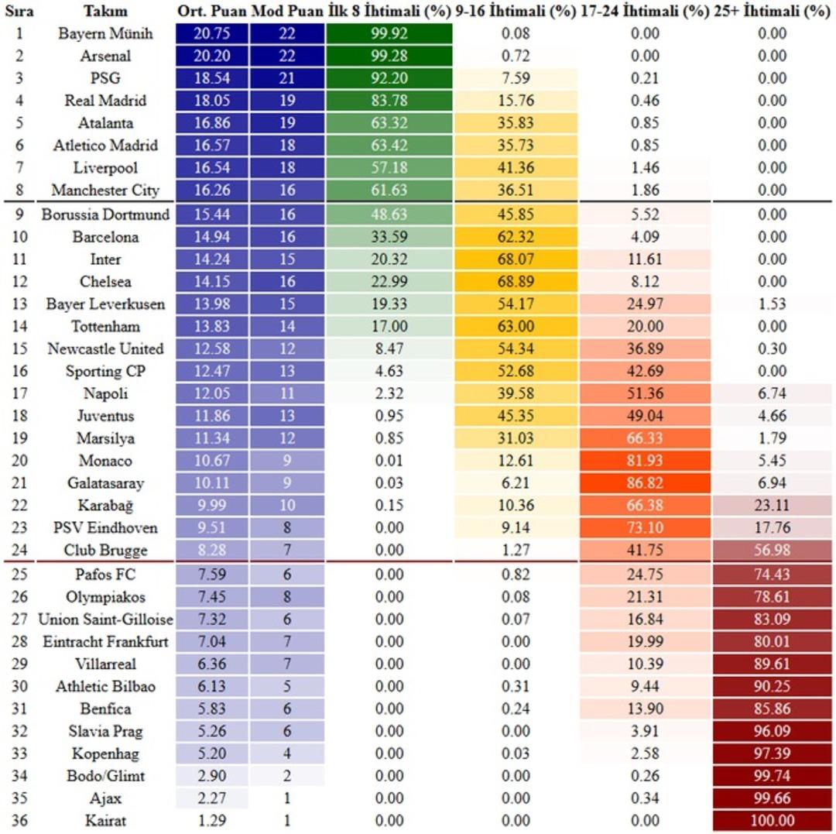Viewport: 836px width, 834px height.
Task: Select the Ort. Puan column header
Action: click(x=211, y=12)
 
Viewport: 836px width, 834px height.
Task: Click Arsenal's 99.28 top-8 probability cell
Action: click(x=389, y=57)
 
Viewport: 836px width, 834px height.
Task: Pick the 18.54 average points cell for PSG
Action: click(x=211, y=78)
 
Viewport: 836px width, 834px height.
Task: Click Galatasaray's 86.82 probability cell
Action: click(x=645, y=483)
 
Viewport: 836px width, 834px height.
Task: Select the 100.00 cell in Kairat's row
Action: click(x=772, y=821)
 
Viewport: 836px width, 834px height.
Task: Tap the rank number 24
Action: click(x=20, y=551)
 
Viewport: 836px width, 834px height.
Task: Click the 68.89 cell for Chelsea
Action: click(x=516, y=281)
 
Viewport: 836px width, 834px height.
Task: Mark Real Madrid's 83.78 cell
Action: click(x=389, y=101)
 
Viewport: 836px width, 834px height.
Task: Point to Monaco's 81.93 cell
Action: click(x=645, y=461)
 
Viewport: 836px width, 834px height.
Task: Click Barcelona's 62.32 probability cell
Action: click(x=516, y=236)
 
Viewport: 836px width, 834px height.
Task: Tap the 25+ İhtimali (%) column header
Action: click(x=772, y=12)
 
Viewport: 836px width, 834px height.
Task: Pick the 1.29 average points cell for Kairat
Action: click(x=211, y=821)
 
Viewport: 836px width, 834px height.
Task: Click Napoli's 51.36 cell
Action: click(x=645, y=393)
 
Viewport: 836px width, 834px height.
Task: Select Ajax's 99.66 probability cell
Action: click(x=772, y=798)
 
